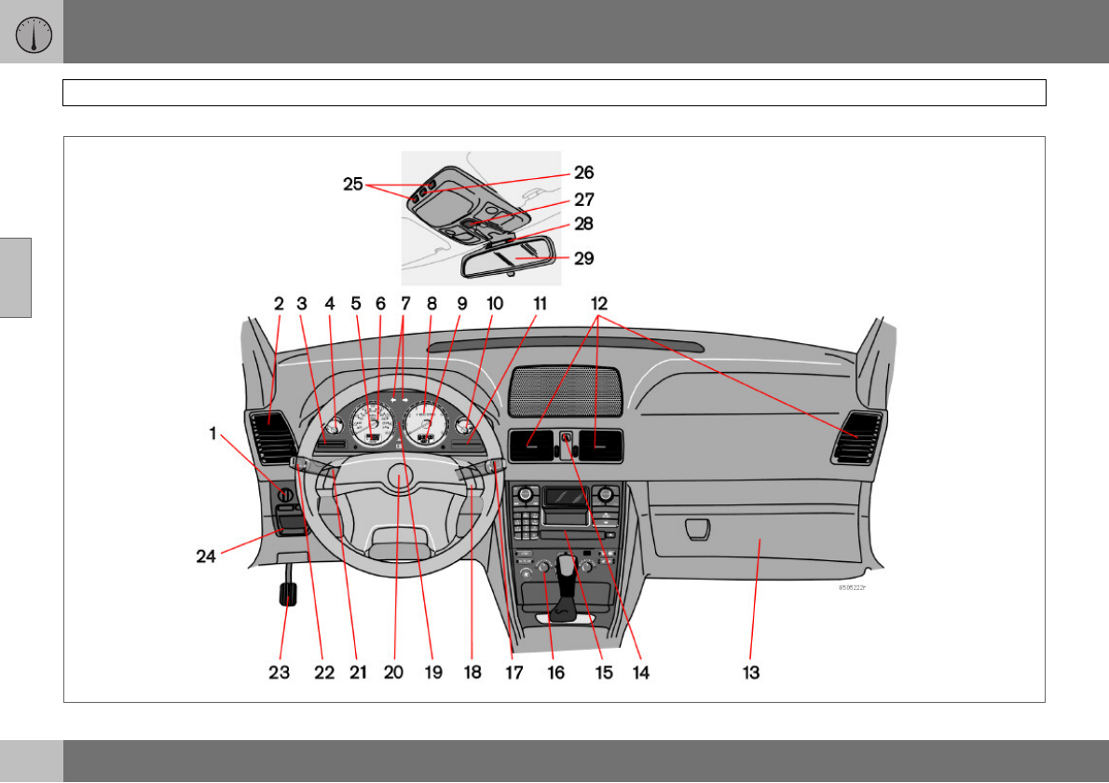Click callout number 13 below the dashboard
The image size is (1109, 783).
pyautogui.click(x=751, y=672)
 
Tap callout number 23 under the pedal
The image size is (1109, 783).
pyautogui.click(x=280, y=672)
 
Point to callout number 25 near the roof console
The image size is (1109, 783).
pyautogui.click(x=353, y=185)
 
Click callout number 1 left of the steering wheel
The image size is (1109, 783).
pyautogui.click(x=213, y=433)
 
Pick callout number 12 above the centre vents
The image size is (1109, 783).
pyautogui.click(x=598, y=303)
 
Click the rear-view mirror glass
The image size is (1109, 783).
pyautogui.click(x=508, y=260)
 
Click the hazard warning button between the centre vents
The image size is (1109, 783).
pyautogui.click(x=565, y=435)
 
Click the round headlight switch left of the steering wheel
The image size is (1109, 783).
pyautogui.click(x=287, y=495)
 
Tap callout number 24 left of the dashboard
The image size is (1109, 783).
pyautogui.click(x=206, y=556)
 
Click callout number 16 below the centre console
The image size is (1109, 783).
pyautogui.click(x=555, y=672)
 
